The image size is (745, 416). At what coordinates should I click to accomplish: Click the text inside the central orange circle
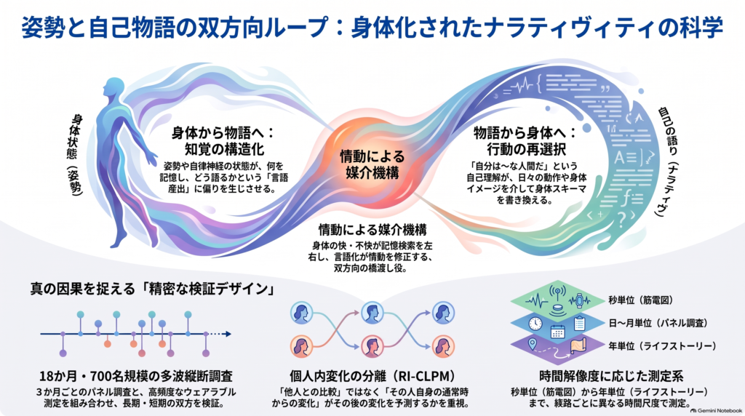click(x=372, y=164)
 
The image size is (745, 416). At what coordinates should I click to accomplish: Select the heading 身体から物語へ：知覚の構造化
click(x=224, y=140)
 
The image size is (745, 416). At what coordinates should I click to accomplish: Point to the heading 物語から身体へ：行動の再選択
click(x=526, y=140)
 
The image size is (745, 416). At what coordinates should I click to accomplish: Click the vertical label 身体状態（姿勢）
click(x=76, y=154)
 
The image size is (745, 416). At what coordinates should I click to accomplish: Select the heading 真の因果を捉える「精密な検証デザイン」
click(x=153, y=289)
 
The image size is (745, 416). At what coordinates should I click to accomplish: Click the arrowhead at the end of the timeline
click(x=228, y=334)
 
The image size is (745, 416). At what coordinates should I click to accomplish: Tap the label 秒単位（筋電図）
click(x=641, y=300)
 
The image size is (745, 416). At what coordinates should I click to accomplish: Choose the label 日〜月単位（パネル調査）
click(x=658, y=323)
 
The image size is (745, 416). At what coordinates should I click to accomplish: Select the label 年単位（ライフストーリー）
click(x=662, y=345)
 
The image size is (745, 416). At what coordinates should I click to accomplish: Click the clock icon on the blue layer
click(x=535, y=324)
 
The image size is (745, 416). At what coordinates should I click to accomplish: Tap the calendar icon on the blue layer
click(x=557, y=331)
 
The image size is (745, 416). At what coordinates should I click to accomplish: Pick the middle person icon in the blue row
click(x=372, y=313)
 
